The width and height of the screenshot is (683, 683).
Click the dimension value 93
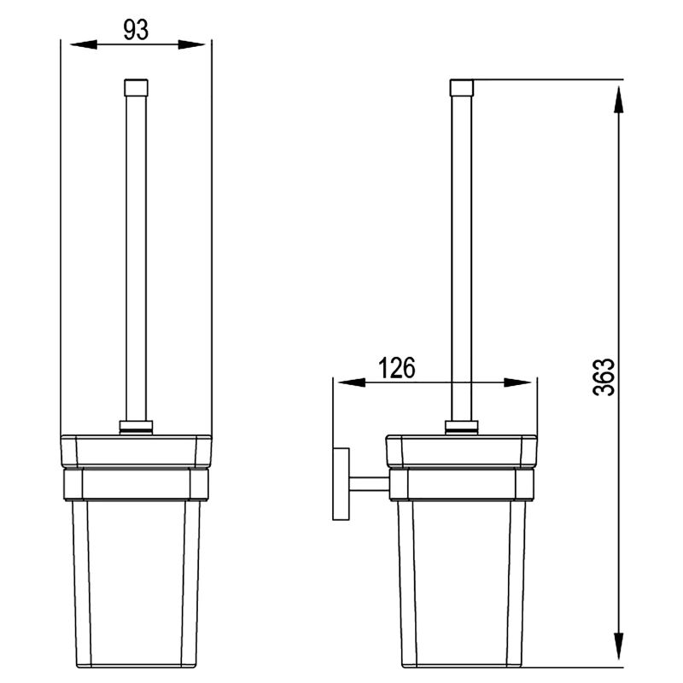coord(136,30)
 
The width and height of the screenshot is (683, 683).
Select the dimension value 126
coord(396,368)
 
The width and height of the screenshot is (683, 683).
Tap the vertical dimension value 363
coord(604,377)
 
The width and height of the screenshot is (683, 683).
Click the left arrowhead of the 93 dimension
coord(84,44)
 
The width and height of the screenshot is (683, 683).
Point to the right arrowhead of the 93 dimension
coord(191,44)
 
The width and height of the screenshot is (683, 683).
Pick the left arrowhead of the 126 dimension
coord(352,382)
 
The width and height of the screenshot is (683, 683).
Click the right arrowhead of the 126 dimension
coord(517,382)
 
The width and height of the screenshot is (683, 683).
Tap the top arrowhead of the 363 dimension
coord(618,99)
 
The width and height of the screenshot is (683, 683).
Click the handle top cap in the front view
coord(136,88)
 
